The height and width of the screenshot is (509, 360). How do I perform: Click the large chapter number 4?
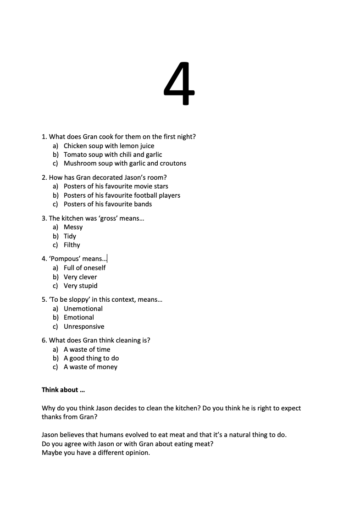point(179,84)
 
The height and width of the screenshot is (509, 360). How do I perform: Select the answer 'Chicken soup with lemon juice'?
point(109,146)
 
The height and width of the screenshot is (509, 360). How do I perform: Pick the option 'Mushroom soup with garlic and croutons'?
point(125,163)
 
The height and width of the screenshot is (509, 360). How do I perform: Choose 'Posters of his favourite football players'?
point(122,195)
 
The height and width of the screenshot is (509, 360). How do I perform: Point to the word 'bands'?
point(143,204)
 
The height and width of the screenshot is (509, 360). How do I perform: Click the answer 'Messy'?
point(73,227)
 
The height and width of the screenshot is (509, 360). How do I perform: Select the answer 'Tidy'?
point(70,236)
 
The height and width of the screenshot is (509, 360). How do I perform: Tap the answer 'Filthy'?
point(72,245)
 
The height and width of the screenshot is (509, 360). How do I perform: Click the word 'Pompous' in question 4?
point(65,259)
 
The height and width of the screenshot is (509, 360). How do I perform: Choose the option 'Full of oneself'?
point(84,268)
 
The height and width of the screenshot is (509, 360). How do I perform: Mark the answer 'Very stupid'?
point(80,286)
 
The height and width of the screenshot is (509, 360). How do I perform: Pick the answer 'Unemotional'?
point(83,309)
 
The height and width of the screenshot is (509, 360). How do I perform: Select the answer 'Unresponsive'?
point(84,326)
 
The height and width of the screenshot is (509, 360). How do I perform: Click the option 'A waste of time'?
point(87,349)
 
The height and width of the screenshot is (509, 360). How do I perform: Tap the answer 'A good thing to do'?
point(91,358)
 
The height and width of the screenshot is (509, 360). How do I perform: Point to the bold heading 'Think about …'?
point(63,390)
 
